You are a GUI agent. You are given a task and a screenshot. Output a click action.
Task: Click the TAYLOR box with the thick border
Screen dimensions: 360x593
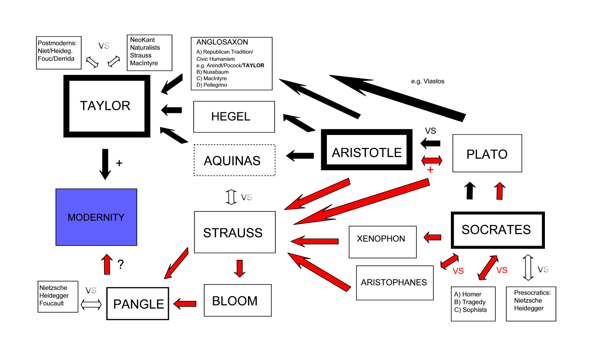pyautogui.click(x=105, y=106)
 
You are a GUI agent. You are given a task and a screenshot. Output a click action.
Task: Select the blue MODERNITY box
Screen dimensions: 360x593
pyautogui.click(x=96, y=217)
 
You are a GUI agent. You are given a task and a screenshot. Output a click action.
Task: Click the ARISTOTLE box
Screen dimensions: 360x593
pyautogui.click(x=367, y=153)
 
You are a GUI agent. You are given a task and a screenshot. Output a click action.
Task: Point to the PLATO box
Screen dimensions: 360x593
pyautogui.click(x=487, y=154)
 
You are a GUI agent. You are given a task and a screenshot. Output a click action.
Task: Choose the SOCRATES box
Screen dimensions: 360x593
pyautogui.click(x=497, y=230)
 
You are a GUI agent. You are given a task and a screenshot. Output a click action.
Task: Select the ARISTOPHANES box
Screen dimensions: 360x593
pyautogui.click(x=394, y=282)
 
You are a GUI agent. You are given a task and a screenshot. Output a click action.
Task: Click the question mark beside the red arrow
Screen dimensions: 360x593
pyautogui.click(x=120, y=265)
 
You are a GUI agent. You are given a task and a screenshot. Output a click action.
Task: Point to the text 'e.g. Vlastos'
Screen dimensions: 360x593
pyautogui.click(x=427, y=81)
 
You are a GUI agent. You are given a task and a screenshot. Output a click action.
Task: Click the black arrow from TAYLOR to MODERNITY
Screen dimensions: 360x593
pyautogui.click(x=105, y=164)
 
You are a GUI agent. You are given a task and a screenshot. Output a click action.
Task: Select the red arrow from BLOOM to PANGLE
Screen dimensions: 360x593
pyautogui.click(x=185, y=303)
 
